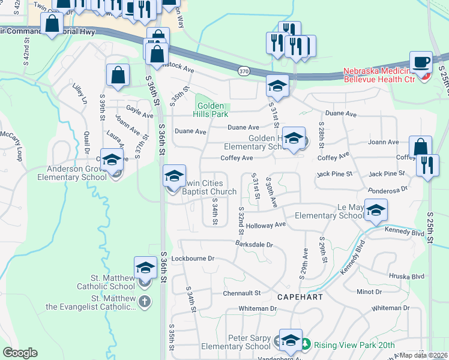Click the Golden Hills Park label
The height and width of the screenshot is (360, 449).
coord(211,109)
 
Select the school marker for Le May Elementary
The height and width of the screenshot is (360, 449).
coord(376,209)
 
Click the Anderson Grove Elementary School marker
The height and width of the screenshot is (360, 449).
coord(112,160)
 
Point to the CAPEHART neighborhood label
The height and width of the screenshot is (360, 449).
coord(301,297)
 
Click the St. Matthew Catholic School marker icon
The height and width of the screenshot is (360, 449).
coord(145,268)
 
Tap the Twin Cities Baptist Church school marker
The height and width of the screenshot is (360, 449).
coord(174,176)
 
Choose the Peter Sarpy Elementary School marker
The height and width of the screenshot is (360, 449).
coord(291,340)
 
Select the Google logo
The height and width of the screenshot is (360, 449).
coord(20,353)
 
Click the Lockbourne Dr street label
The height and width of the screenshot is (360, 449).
coord(193,259)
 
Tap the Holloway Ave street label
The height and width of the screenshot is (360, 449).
coord(265,225)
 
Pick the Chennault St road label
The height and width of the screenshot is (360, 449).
coord(243,293)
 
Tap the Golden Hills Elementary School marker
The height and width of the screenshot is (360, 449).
coord(294,139)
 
